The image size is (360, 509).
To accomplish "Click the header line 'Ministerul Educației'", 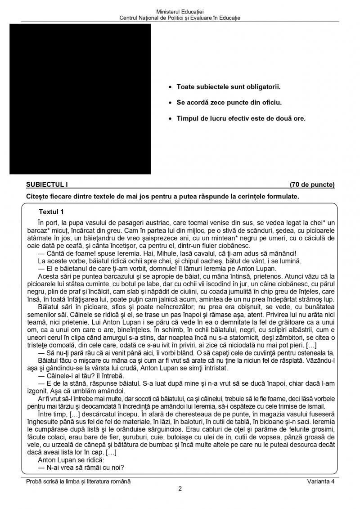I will (x=180, y=11).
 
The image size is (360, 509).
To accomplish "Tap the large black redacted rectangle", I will (x=80, y=99).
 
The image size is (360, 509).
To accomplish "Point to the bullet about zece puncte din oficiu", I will (x=229, y=103).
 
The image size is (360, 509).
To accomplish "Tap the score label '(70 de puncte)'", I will (x=312, y=185).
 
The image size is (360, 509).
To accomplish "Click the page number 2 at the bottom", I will (x=180, y=490).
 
